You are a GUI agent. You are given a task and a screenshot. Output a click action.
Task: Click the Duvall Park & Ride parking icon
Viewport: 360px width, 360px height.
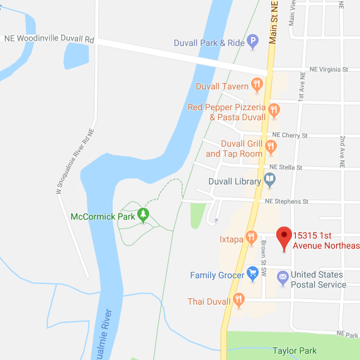253,43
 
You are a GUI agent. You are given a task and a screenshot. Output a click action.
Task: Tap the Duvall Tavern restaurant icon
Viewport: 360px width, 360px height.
256,85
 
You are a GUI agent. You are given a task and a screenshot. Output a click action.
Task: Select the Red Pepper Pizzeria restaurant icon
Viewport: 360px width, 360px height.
274,111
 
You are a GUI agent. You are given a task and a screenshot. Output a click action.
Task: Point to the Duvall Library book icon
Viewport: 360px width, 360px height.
269,181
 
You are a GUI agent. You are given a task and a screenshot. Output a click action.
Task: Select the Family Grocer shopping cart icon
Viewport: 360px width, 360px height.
252,274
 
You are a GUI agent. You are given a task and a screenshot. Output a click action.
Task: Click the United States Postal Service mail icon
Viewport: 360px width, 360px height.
283,276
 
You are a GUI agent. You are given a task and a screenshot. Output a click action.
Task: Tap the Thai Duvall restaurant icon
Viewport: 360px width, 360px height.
238,301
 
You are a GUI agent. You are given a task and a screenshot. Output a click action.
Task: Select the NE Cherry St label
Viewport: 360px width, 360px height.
290,135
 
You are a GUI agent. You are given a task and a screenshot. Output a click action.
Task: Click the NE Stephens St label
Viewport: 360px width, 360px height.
286,201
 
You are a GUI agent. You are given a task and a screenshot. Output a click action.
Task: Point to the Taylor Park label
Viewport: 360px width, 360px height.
294,351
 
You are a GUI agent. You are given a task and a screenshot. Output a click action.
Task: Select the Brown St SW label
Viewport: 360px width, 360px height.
265,252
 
